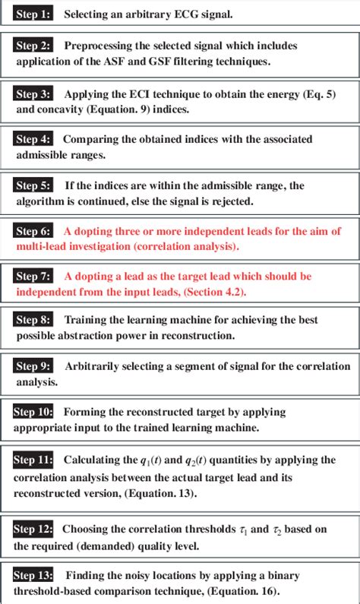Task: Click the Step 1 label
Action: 33,14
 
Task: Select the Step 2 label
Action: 33,46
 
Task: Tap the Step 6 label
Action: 33,231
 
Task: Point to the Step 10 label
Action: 33,412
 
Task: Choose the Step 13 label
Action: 33,575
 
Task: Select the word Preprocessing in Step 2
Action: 98,46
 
